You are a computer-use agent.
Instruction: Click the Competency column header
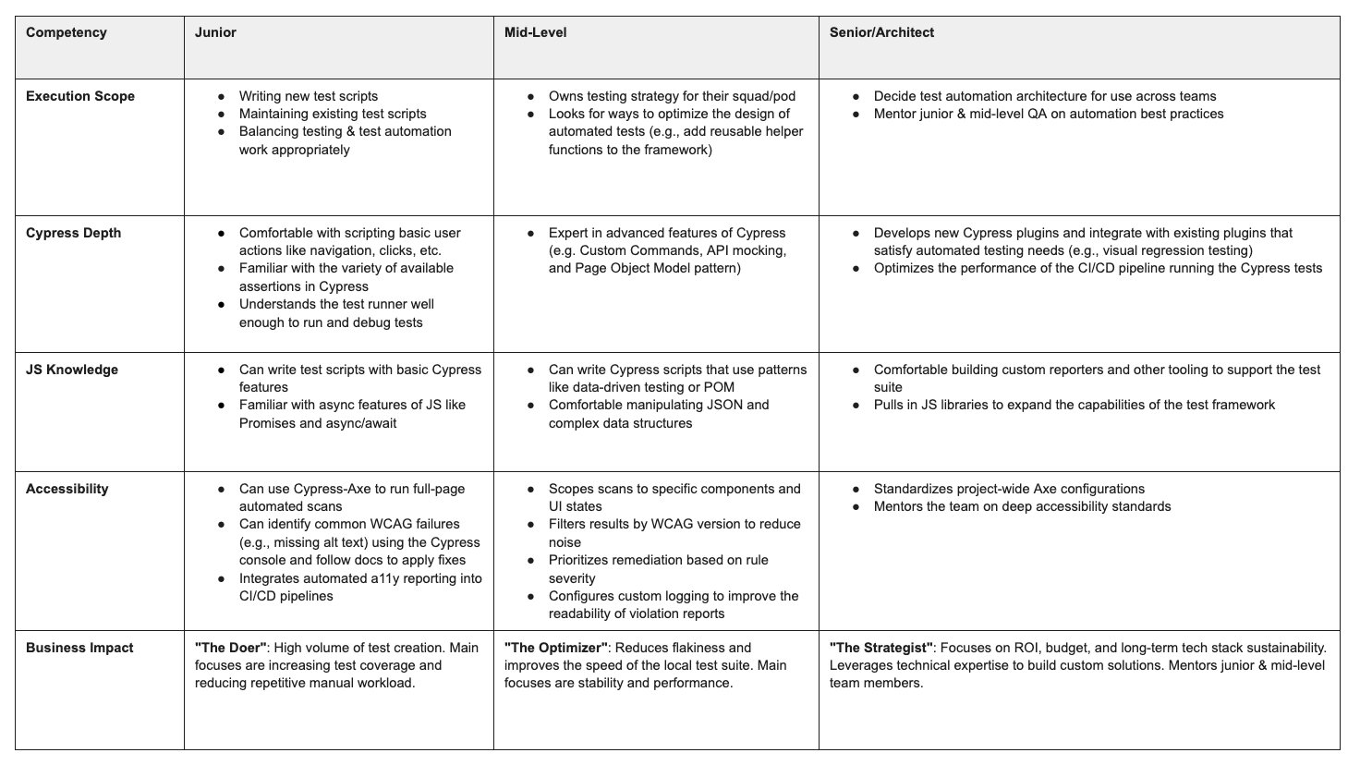pos(66,33)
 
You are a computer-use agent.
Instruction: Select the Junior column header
pos(215,33)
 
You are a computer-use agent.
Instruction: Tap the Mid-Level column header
pos(535,33)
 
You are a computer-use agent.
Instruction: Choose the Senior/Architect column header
pos(881,33)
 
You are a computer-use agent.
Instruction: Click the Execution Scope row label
pos(80,97)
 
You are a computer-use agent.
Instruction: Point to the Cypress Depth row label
pos(73,234)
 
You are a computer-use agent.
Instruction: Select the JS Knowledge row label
pos(72,370)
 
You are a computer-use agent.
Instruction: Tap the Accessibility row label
pos(67,490)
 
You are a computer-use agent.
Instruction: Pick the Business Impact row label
pos(79,649)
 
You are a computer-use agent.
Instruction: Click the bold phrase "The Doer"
pos(231,649)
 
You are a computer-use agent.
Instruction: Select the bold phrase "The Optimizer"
pos(556,649)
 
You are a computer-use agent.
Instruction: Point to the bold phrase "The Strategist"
pos(881,649)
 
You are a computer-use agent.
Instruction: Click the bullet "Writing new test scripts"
pos(308,97)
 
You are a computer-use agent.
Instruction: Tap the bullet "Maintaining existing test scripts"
pos(333,115)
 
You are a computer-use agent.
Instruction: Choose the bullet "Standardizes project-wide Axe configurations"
pos(1009,490)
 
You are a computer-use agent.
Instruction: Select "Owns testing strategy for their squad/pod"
pos(672,97)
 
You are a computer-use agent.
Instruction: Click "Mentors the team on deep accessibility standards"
pos(1022,507)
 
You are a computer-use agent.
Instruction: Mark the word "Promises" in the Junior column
pos(267,424)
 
